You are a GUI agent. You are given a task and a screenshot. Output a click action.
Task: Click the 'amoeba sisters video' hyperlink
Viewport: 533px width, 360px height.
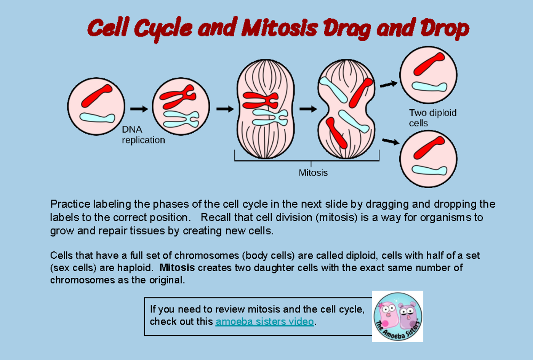tap(265, 322)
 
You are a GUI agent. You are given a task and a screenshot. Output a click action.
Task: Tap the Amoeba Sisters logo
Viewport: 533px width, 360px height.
tap(398, 316)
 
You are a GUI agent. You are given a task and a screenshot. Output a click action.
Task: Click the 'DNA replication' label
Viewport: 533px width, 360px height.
tap(143, 135)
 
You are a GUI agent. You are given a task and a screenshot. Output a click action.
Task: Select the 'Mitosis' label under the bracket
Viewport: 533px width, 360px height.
tap(313, 173)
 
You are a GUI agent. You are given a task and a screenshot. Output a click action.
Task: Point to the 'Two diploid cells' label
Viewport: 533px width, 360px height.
tap(432, 118)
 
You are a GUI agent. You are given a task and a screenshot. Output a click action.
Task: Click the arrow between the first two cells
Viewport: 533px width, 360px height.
tap(139, 108)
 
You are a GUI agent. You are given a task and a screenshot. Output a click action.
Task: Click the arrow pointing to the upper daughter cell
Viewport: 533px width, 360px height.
tap(389, 83)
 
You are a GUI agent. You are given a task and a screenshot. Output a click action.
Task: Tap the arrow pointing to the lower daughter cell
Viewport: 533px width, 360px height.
tap(390, 142)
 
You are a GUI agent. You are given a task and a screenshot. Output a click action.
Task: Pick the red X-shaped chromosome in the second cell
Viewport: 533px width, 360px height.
tap(178, 99)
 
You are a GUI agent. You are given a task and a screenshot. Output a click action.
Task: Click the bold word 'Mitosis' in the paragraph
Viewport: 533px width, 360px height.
tap(177, 268)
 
